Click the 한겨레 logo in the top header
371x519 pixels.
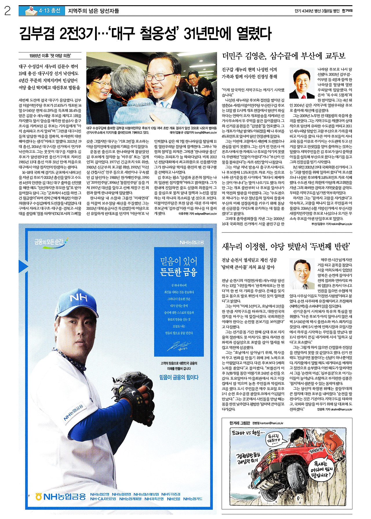[x=347, y=11]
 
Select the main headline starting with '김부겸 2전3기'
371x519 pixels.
[x=145, y=34]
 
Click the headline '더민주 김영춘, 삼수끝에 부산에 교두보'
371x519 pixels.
[x=283, y=56]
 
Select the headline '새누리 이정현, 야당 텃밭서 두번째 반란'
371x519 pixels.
[x=285, y=247]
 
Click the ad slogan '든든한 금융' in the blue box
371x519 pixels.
[x=179, y=272]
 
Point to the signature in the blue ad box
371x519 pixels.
[x=179, y=346]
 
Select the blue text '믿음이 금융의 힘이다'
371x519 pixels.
[x=179, y=377]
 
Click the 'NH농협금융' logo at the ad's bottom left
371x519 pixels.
[x=60, y=496]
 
